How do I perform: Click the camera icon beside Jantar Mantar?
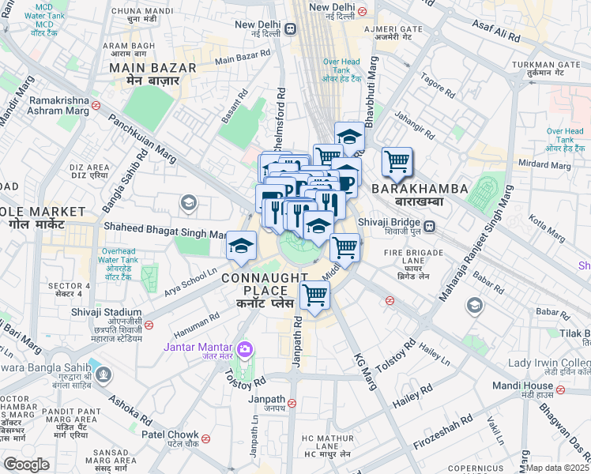[x=245, y=348]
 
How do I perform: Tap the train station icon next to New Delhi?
[x=291, y=29]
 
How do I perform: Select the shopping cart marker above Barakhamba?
[x=397, y=162]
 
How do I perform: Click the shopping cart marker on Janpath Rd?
[x=314, y=295]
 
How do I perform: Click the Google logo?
[x=26, y=465]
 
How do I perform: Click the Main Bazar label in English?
[x=142, y=68]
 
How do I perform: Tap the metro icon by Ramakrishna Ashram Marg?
[x=95, y=104]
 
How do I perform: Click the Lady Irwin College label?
[x=549, y=363]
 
